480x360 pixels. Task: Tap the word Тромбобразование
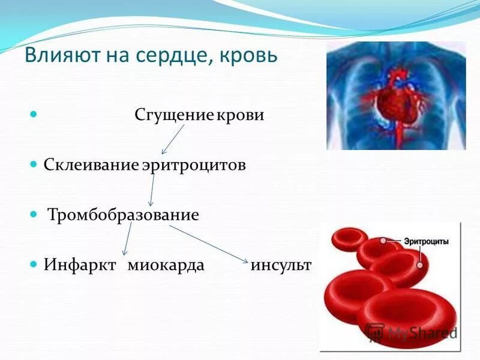tap(123, 215)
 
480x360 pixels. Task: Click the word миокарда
tap(166, 265)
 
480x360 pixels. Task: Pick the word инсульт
tap(281, 265)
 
